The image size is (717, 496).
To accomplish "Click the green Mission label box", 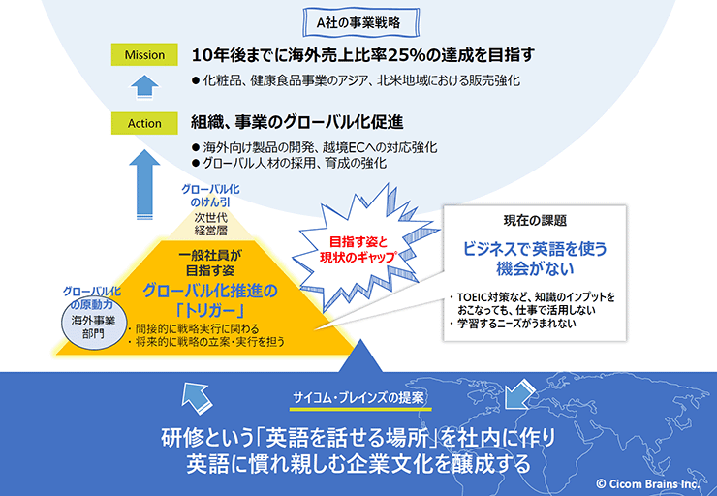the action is coord(144,54).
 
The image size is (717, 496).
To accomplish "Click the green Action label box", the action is coord(144,123).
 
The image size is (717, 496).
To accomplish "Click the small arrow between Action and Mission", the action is coord(144,87).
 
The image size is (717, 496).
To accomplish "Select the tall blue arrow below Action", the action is coord(144,184).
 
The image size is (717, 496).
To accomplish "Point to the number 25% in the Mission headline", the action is coord(407,55).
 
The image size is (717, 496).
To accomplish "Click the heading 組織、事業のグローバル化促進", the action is coord(297,122).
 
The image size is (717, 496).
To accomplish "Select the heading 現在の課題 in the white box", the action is coord(535,221).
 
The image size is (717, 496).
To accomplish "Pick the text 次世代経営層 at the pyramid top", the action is coord(211,224).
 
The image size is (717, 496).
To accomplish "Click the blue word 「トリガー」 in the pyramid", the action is coord(210,311).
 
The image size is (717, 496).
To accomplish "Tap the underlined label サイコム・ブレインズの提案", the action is coord(358,398).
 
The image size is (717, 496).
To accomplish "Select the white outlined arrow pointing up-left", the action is coord(197,397).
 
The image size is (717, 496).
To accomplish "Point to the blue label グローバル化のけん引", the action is coord(210,195).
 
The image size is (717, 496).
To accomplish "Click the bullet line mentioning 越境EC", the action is coord(315,147).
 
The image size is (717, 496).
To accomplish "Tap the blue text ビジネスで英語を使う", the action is coord(535,249).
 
